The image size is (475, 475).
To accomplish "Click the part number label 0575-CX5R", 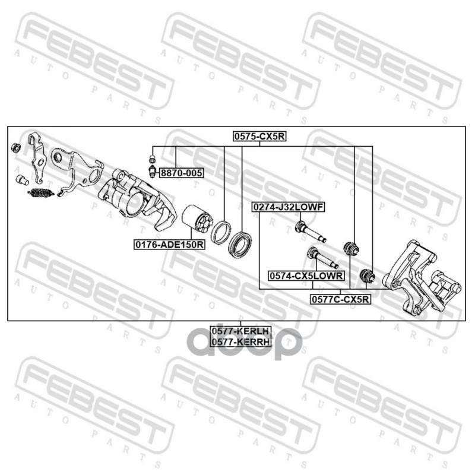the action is (259, 137).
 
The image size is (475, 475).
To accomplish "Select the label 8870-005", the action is (181, 173).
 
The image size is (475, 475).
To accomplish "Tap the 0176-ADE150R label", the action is (170, 244).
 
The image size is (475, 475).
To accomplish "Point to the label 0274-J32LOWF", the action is (289, 207).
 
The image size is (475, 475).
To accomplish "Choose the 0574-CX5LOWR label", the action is (306, 275).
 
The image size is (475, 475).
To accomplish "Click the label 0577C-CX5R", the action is (340, 299).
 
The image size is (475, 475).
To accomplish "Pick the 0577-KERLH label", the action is (240, 331).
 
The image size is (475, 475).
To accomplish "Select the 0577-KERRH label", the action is (240, 342).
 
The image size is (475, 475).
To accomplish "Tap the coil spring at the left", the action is (41, 192).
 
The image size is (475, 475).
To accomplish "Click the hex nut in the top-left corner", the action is (15, 147).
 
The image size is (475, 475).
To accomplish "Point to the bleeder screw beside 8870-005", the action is (153, 172).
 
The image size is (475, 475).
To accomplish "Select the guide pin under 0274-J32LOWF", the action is (310, 232).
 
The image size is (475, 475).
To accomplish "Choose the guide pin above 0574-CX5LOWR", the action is (322, 258).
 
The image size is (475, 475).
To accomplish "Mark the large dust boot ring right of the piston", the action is (240, 244).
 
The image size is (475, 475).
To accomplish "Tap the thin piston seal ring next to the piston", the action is (221, 233).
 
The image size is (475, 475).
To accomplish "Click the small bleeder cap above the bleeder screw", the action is (153, 159).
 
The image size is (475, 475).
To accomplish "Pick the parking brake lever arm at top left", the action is (37, 159).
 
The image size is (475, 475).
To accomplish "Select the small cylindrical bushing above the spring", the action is (22, 180).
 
